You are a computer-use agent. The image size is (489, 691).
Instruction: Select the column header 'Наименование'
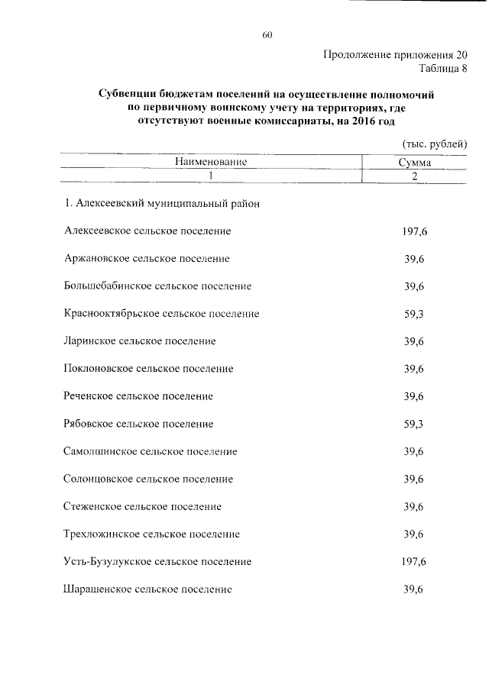coord(210,163)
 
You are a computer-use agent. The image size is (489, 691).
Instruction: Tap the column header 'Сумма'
coord(414,163)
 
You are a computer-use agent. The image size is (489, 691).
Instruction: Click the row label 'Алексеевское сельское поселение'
coord(148,231)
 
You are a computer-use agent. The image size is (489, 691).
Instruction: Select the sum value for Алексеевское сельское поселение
coord(414,231)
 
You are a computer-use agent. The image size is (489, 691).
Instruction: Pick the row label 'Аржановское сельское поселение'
coord(147,258)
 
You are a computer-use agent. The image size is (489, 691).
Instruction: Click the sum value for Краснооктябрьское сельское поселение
coord(414,314)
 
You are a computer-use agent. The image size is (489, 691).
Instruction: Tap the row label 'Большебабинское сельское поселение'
coord(158,286)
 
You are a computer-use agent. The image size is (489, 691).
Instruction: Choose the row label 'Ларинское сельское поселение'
coord(140,341)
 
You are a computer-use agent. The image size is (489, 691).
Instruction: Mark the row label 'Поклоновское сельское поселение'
coord(149,369)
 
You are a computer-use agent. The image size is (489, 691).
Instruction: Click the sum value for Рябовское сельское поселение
coord(414,424)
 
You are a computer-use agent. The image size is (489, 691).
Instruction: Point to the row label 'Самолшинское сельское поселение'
coord(151,451)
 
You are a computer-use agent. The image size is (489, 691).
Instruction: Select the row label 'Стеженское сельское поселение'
coord(143,506)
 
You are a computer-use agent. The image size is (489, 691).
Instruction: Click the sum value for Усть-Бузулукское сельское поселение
coord(414,562)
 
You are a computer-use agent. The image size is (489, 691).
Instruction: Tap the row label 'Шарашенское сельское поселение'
coord(148,589)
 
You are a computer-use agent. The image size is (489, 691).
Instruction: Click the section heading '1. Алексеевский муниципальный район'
coord(163,204)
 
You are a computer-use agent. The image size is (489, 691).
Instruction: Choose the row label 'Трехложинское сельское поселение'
coord(152,534)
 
